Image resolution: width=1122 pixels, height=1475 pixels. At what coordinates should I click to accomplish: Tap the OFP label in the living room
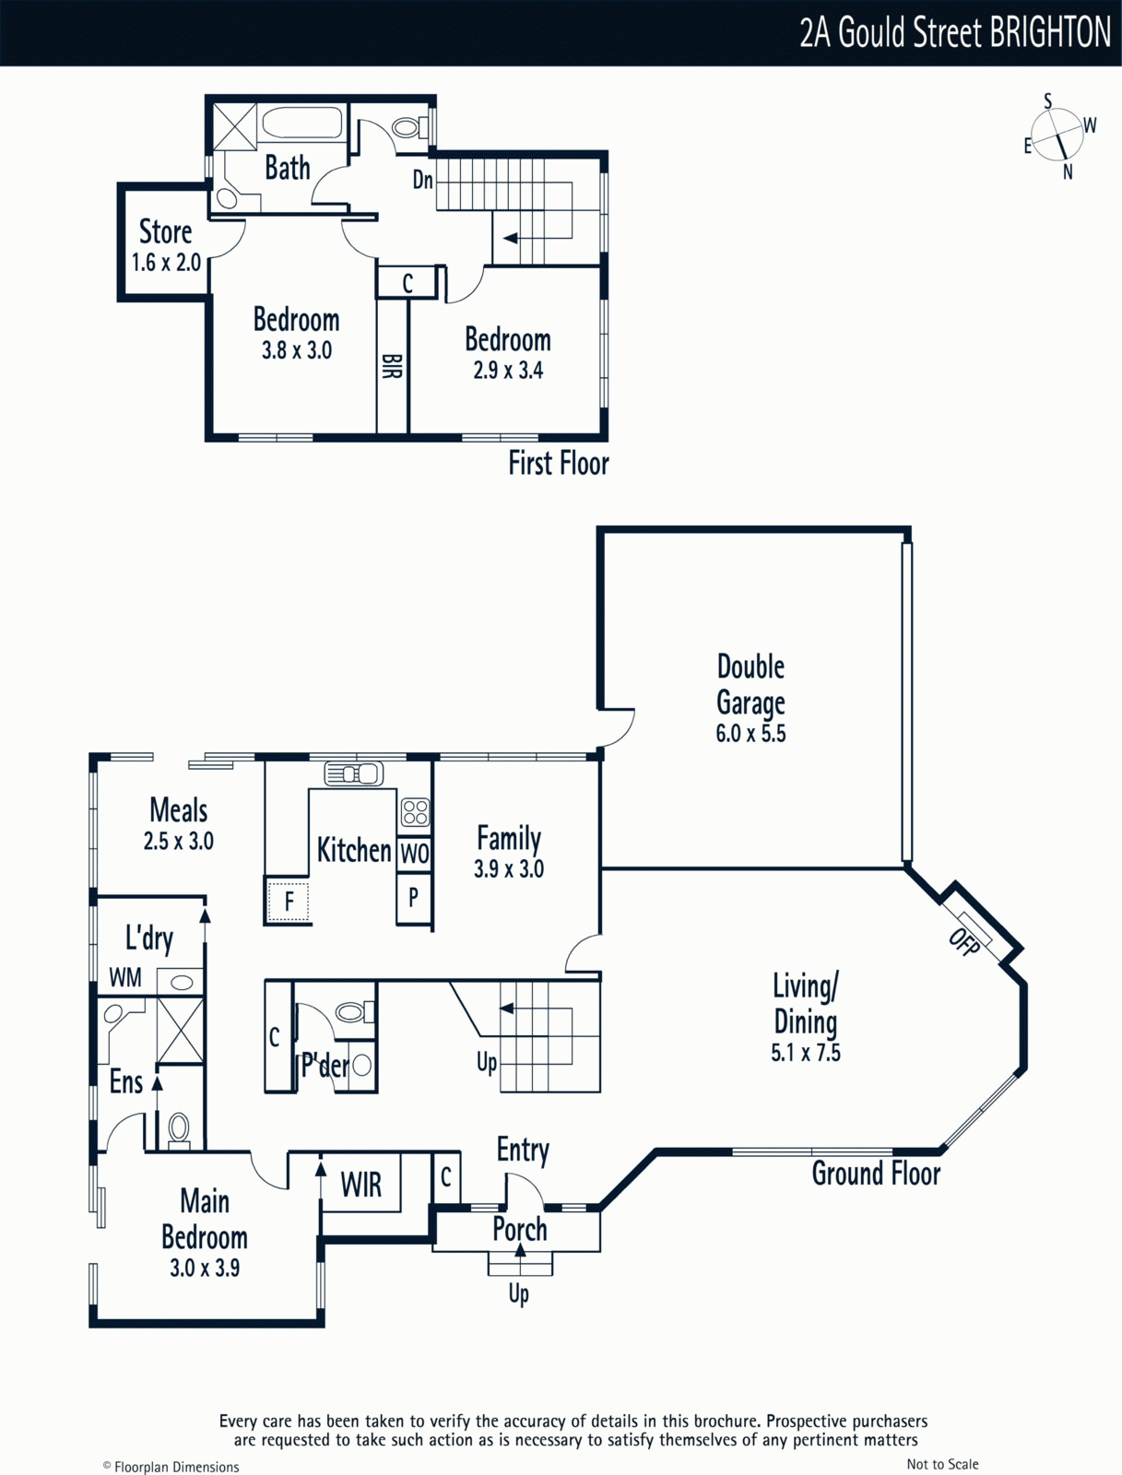[x=964, y=942]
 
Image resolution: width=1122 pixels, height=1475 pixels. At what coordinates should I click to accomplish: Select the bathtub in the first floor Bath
[x=302, y=123]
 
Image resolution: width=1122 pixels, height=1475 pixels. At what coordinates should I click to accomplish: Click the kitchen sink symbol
[x=353, y=773]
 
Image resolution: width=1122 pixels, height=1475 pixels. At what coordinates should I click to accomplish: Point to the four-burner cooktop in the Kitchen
[x=415, y=812]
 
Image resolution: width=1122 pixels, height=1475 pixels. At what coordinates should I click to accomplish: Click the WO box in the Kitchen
[x=414, y=854]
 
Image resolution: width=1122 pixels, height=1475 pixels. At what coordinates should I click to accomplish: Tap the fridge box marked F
[x=289, y=901]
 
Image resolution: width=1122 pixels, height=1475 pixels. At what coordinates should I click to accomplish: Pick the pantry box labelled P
[x=414, y=898]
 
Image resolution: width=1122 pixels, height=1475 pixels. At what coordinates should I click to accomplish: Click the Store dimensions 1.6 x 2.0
[x=166, y=262]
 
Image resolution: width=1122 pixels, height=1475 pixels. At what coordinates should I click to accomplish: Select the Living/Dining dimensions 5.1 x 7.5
[x=806, y=1052]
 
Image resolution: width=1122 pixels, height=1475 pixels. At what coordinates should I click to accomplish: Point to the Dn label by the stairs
[x=422, y=180]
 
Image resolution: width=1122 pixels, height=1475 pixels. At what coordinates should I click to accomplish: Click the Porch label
[x=519, y=1230]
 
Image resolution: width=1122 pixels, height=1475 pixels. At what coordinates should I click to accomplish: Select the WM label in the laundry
[x=125, y=977]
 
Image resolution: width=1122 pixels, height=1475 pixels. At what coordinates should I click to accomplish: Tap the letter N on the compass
[x=1068, y=172]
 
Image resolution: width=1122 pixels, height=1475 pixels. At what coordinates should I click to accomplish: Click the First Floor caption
[x=559, y=463]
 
